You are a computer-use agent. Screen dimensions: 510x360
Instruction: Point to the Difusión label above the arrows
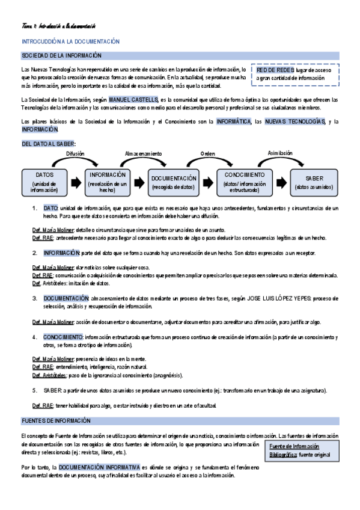[x=75, y=155]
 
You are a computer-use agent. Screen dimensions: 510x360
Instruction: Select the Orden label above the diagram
[x=208, y=155]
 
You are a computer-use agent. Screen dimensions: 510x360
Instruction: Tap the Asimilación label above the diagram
[x=279, y=153]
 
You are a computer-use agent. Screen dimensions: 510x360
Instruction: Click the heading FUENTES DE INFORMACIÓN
[x=55, y=420]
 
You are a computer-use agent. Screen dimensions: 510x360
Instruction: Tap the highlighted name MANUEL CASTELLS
[x=133, y=99]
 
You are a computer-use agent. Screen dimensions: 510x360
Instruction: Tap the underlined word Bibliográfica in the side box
[x=283, y=455]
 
